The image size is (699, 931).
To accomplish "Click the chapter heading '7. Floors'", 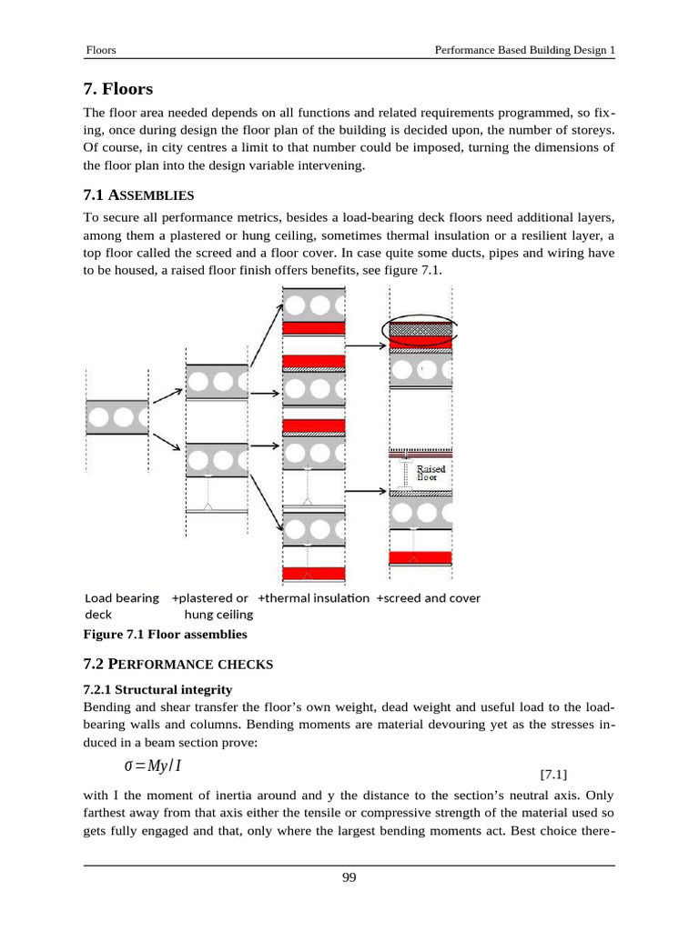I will click(x=118, y=89).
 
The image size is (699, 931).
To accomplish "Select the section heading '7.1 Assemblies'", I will click(x=137, y=195).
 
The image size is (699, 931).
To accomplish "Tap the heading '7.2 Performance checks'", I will click(x=177, y=665).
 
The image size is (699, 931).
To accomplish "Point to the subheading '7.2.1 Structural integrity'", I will click(x=157, y=689).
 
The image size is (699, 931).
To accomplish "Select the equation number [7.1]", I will click(x=553, y=775).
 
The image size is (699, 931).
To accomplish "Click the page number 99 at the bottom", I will click(x=349, y=877).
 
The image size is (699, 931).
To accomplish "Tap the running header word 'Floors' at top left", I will click(x=100, y=51).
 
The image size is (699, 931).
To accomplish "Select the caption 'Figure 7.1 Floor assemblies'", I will click(x=165, y=634).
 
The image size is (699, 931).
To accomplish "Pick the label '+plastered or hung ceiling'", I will click(x=210, y=606).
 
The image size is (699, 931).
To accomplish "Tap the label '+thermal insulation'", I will click(x=314, y=598).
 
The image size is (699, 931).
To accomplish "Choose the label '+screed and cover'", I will click(x=428, y=598).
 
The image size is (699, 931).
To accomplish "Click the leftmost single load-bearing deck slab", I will click(x=116, y=417).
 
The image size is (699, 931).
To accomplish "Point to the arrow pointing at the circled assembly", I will click(x=367, y=345).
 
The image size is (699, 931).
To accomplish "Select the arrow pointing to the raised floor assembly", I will click(x=367, y=491).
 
